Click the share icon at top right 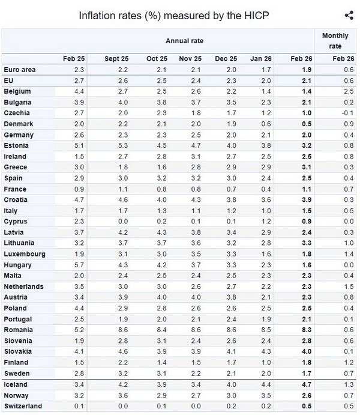pos(349,16)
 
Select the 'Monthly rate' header pos(335,40)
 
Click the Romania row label pos(18,330)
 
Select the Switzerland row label pos(22,406)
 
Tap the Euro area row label pos(20,70)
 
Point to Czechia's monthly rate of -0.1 pos(347,113)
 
